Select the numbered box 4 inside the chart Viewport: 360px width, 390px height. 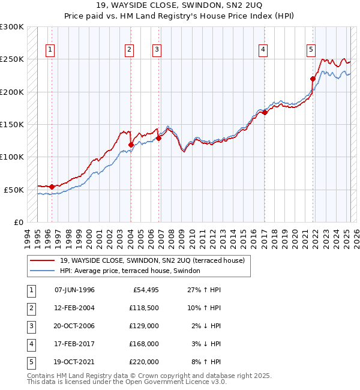click(x=263, y=50)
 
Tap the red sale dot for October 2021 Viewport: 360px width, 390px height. click(x=313, y=79)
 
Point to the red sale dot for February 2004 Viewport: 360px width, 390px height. click(x=131, y=145)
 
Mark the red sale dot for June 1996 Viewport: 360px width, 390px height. click(x=52, y=187)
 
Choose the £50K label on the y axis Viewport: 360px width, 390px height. click(x=14, y=190)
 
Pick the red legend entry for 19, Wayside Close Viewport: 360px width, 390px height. click(x=152, y=261)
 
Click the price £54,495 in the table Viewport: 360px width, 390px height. click(x=145, y=290)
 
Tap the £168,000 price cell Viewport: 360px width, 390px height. click(x=145, y=344)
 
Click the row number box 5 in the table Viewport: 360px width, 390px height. click(x=30, y=362)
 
